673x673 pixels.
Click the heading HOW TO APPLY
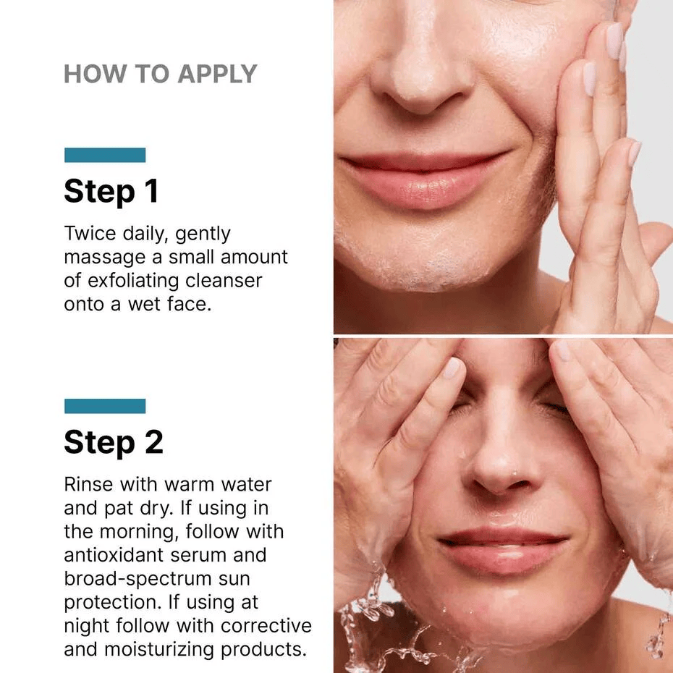160,74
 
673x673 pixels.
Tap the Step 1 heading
111,191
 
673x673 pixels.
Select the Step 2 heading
113,442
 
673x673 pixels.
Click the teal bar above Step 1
105,155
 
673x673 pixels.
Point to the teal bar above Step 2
105,406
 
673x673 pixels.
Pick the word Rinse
88,484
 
